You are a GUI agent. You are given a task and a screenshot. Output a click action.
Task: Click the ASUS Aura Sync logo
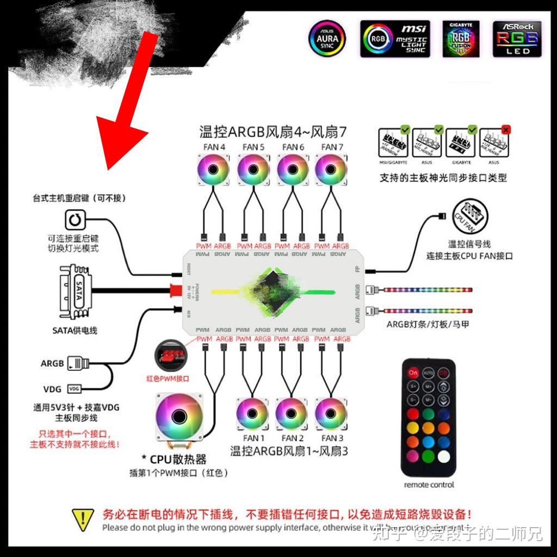(327, 39)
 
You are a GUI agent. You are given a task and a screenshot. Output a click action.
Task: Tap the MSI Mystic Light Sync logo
(395, 39)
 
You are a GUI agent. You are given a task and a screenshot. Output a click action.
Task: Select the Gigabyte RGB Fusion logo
(461, 39)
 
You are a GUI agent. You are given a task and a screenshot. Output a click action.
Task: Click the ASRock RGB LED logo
(517, 39)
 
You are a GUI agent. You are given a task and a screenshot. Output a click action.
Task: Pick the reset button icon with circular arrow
(73, 220)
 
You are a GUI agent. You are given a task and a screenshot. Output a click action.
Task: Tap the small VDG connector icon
(75, 389)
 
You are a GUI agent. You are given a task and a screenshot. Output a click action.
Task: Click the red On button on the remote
(413, 374)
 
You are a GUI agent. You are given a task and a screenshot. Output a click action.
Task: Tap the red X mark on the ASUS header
(506, 129)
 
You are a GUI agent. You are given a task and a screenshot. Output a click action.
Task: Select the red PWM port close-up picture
(171, 356)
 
